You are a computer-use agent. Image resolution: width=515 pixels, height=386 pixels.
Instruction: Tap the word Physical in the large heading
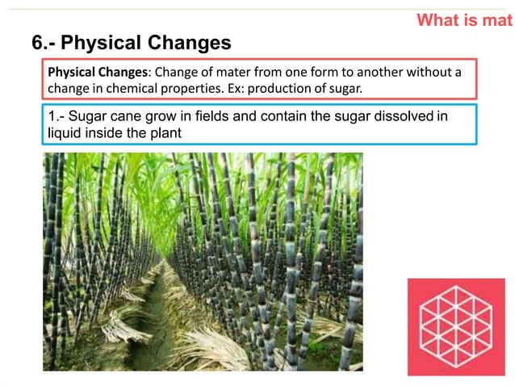pyautogui.click(x=103, y=42)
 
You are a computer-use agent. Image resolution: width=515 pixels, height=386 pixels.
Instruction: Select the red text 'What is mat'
pyautogui.click(x=464, y=20)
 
